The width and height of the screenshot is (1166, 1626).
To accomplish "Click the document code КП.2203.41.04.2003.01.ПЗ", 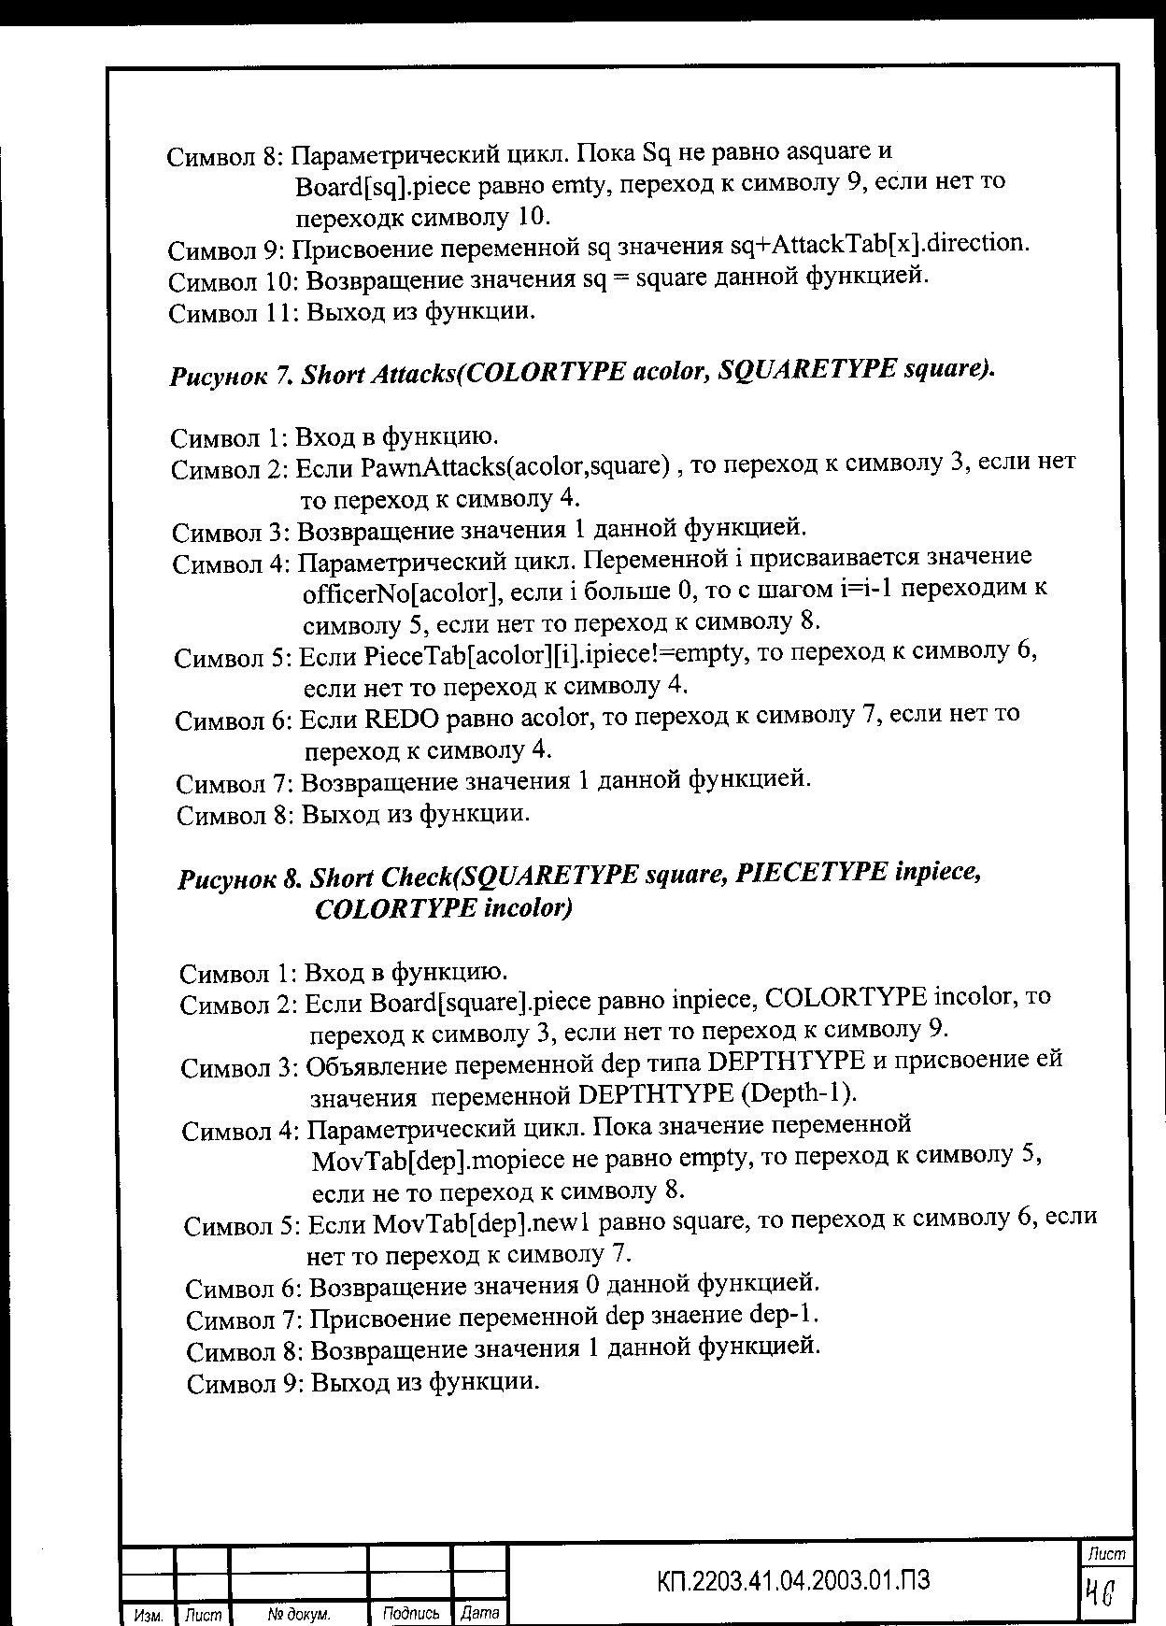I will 793,1579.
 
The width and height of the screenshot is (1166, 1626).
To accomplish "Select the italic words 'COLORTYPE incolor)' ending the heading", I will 443,908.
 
